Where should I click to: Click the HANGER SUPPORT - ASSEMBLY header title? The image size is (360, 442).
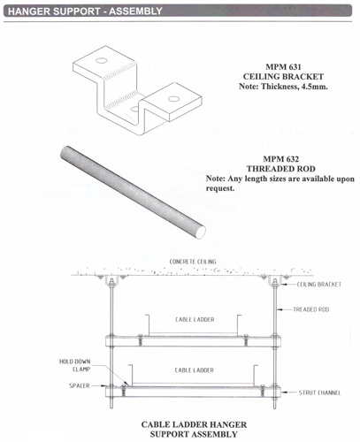tap(85, 11)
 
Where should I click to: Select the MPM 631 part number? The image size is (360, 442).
tap(283, 67)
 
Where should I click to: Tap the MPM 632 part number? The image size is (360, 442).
tap(281, 159)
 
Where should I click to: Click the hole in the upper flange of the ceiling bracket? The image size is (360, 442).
tap(101, 61)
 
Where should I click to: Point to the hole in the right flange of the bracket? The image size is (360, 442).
tap(174, 99)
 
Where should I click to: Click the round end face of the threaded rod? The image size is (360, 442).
tap(202, 232)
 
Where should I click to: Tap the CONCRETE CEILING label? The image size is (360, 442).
tap(193, 262)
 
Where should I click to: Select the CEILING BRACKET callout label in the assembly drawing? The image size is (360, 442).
tap(319, 285)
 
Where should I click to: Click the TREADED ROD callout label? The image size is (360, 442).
tap(311, 309)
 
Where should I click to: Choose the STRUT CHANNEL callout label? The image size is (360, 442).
tap(319, 392)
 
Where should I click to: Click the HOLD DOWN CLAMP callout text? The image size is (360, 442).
tap(75, 365)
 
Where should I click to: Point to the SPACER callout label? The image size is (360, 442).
tap(80, 385)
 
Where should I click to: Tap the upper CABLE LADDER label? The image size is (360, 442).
tap(195, 319)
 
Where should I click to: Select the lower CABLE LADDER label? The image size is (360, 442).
tap(195, 370)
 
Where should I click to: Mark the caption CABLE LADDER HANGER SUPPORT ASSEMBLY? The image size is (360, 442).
tap(194, 430)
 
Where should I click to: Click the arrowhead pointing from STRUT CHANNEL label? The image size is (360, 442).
tap(284, 392)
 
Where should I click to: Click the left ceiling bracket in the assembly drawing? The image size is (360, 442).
tap(111, 280)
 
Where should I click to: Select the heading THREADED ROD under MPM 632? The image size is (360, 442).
tap(281, 169)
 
